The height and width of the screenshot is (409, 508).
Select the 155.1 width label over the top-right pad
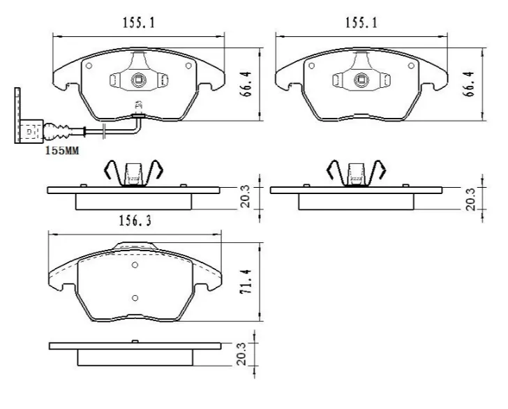[x=361, y=23]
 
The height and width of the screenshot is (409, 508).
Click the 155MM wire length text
[x=61, y=149]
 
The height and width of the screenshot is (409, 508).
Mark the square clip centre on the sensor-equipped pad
[x=139, y=79]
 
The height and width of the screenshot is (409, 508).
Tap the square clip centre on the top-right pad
[x=362, y=79]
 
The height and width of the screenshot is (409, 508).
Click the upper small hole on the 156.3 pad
[x=135, y=265]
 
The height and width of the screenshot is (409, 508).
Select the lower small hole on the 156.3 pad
[x=135, y=297]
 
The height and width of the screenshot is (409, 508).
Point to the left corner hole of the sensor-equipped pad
[x=89, y=66]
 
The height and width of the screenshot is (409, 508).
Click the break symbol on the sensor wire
[x=103, y=130]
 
